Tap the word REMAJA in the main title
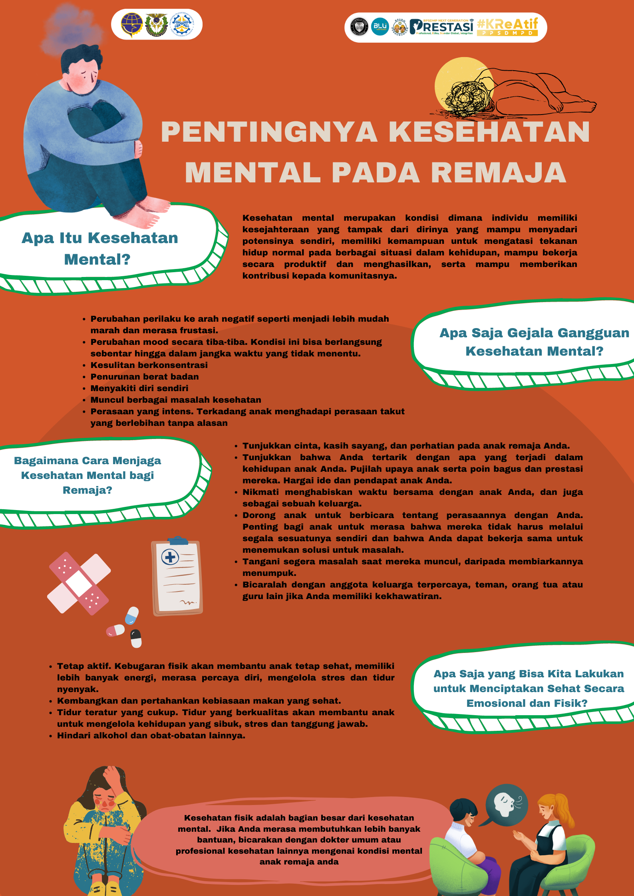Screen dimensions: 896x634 point(498,173)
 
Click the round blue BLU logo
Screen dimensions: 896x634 point(380,27)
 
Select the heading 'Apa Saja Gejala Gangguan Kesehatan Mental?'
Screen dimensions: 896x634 point(534,342)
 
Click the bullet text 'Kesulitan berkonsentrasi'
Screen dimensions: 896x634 point(149,365)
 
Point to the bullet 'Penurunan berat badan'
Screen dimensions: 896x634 point(144,377)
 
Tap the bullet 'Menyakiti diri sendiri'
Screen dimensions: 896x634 point(139,388)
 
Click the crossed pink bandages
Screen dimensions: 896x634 point(79,583)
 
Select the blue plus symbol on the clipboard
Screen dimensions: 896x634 point(170,557)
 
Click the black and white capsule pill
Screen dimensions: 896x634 point(136,638)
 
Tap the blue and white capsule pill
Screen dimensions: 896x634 point(132,615)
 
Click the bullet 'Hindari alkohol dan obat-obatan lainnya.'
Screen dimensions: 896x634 point(151,736)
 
